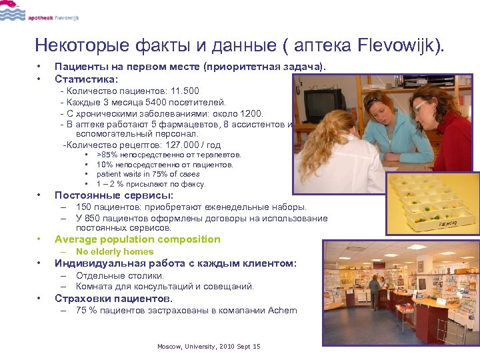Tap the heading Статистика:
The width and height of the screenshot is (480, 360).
click(x=86, y=79)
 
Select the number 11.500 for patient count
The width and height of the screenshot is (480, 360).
click(x=185, y=91)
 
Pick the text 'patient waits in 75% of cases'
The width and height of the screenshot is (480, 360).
click(x=147, y=174)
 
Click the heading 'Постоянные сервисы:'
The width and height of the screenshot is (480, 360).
click(x=113, y=195)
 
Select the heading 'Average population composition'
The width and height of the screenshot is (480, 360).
click(x=137, y=239)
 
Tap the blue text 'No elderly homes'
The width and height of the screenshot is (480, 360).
click(x=115, y=251)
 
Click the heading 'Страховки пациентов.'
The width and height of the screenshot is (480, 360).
click(x=113, y=298)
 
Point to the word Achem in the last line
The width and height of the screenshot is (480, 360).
click(x=283, y=310)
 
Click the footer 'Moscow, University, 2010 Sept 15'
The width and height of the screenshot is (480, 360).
click(x=209, y=347)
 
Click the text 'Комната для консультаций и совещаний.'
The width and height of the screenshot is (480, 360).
click(x=165, y=286)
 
